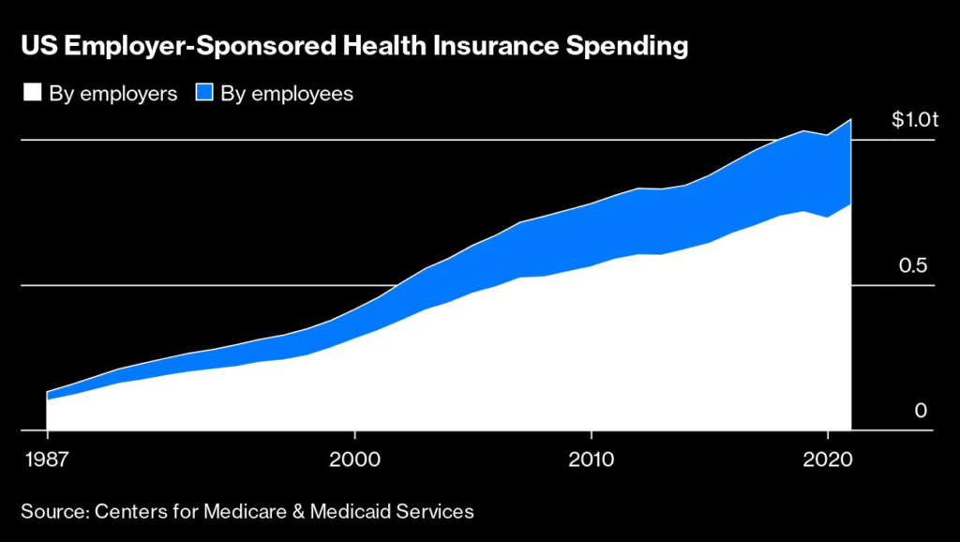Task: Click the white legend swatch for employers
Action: pyautogui.click(x=31, y=93)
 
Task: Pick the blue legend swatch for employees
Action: pyautogui.click(x=203, y=93)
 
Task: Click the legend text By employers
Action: pyautogui.click(x=112, y=94)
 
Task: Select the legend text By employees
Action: pyautogui.click(x=287, y=94)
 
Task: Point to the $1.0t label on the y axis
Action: pyautogui.click(x=913, y=120)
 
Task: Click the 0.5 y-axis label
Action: pyautogui.click(x=913, y=265)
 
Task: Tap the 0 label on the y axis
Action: pyautogui.click(x=920, y=411)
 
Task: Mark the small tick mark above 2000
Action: pyautogui.click(x=354, y=436)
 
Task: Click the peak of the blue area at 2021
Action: pyautogui.click(x=850, y=119)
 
